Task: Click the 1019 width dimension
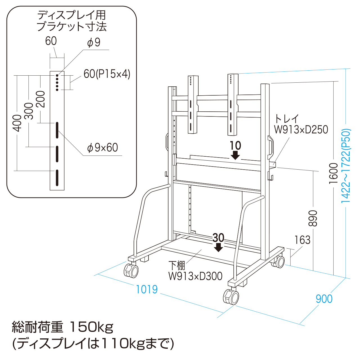pyautogui.click(x=147, y=289)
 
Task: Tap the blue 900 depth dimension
pyautogui.click(x=324, y=299)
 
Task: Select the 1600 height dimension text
pyautogui.click(x=333, y=173)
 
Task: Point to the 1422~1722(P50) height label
pyautogui.click(x=346, y=166)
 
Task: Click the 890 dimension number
pyautogui.click(x=313, y=218)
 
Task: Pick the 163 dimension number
pyautogui.click(x=302, y=240)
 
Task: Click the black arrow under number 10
pyautogui.click(x=235, y=155)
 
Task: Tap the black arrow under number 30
pyautogui.click(x=218, y=247)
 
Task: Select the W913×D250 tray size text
pyautogui.click(x=301, y=130)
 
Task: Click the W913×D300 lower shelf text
pyautogui.click(x=195, y=276)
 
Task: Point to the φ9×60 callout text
pyautogui.click(x=103, y=147)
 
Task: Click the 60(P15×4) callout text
pyautogui.click(x=107, y=74)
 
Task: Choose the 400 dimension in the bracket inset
pyautogui.click(x=17, y=123)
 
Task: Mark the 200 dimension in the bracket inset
pyautogui.click(x=41, y=99)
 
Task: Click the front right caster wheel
pyautogui.click(x=231, y=297)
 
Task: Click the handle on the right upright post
pyautogui.click(x=270, y=145)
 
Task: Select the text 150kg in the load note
pyautogui.click(x=91, y=327)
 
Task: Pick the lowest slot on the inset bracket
pyautogui.click(x=57, y=178)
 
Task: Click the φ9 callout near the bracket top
pyautogui.click(x=94, y=42)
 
